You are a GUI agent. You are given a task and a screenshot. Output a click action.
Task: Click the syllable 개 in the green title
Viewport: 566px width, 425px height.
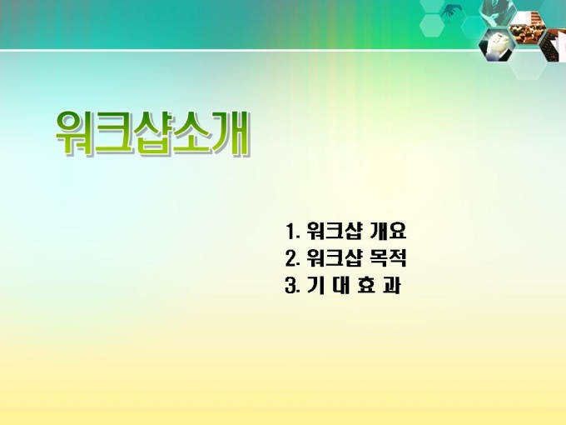tap(231, 133)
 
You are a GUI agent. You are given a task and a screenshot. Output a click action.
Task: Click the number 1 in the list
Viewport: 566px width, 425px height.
tap(291, 232)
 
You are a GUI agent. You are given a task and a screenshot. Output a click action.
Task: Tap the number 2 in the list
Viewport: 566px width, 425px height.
tap(291, 258)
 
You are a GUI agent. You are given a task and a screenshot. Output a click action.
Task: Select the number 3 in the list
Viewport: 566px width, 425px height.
tap(291, 286)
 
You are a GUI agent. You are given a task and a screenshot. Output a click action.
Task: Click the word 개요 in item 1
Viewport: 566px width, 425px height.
tap(388, 231)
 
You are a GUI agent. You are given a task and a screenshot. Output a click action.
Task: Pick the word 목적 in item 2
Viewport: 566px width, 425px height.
tap(389, 258)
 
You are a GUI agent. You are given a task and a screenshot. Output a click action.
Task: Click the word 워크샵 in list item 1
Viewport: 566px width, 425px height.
tap(334, 232)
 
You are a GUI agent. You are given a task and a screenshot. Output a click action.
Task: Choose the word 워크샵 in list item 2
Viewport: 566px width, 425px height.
tap(334, 258)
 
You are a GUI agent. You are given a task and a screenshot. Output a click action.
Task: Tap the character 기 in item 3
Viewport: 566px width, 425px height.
tap(315, 285)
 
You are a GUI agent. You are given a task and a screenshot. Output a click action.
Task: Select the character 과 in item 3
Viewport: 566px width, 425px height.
tap(391, 285)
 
